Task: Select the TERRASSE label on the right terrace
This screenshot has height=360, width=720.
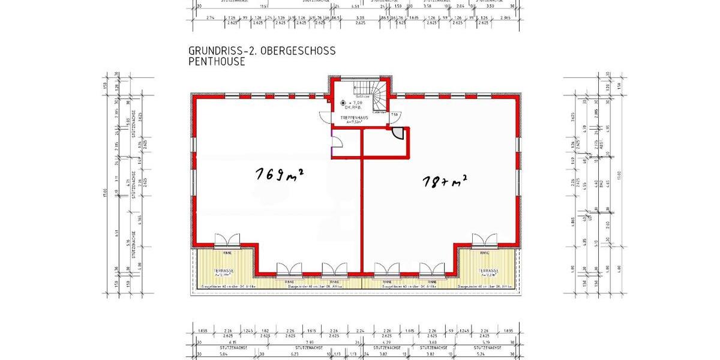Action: tap(488, 271)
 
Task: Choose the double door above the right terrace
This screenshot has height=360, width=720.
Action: tap(484, 241)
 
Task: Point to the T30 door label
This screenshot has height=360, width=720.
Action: tap(394, 114)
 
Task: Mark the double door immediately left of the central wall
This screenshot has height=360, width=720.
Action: tap(335, 270)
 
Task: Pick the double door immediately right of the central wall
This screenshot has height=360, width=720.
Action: tap(386, 270)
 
